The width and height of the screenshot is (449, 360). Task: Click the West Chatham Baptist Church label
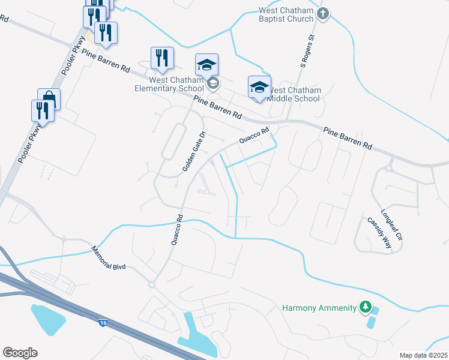pos(286,14)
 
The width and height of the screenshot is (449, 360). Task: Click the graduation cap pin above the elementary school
pos(206,64)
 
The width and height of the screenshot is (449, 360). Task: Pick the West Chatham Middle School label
pos(294,94)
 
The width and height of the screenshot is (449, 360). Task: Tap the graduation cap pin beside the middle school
pos(259,86)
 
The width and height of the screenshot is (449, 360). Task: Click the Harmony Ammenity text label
pos(319,308)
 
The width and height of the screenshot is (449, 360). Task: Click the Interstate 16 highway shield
pos(103,323)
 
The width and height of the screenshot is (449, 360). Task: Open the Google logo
pos(20,353)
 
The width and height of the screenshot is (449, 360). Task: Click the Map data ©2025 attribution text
pos(424,355)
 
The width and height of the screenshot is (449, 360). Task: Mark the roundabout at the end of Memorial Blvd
pos(151,284)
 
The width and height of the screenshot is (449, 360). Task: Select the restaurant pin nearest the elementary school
pos(162,58)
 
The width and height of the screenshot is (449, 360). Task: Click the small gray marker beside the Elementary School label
pos(213,84)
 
